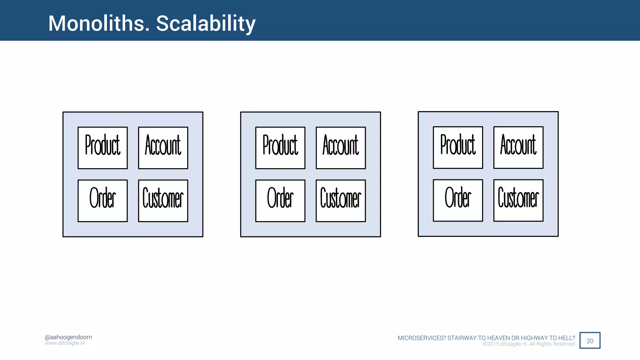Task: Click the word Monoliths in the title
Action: pos(99,23)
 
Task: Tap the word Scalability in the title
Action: pos(206,23)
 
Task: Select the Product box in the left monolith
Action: pos(102,148)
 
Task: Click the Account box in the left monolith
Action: pos(163,148)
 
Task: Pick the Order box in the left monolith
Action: pos(102,201)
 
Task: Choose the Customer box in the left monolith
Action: pos(163,201)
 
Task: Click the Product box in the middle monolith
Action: pos(280,148)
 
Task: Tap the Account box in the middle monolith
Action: pos(341,148)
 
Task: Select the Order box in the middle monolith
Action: pos(280,201)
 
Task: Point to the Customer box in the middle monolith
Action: pos(341,201)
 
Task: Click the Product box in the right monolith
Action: pos(458,147)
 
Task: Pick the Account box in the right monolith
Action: pos(518,147)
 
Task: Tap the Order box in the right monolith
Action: pos(458,200)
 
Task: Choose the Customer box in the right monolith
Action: pos(518,200)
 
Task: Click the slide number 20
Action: pos(590,341)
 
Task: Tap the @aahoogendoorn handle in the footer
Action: pos(68,337)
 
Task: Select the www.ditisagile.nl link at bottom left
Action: pos(65,343)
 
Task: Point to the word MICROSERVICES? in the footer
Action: pos(422,338)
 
